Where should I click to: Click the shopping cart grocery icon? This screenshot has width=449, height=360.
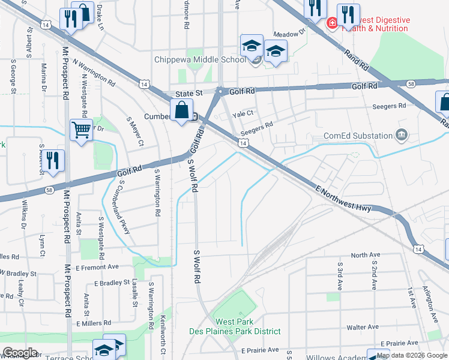point(81,129)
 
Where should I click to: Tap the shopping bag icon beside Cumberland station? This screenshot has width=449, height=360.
point(181,111)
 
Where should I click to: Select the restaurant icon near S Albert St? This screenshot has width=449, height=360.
point(53,161)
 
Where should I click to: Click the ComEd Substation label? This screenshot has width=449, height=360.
point(358,136)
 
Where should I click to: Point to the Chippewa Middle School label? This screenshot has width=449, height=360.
point(200,59)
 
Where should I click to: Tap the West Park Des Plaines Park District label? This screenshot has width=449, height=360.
point(242,327)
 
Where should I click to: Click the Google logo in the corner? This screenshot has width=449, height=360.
point(20,353)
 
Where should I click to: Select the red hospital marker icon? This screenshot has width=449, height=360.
point(330,23)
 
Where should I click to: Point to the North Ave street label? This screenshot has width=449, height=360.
point(366,255)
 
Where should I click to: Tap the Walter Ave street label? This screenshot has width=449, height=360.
point(362,328)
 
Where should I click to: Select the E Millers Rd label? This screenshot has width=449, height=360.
point(93,323)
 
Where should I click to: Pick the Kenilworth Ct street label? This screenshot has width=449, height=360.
point(162,333)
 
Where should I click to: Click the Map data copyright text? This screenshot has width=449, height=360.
point(412,355)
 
